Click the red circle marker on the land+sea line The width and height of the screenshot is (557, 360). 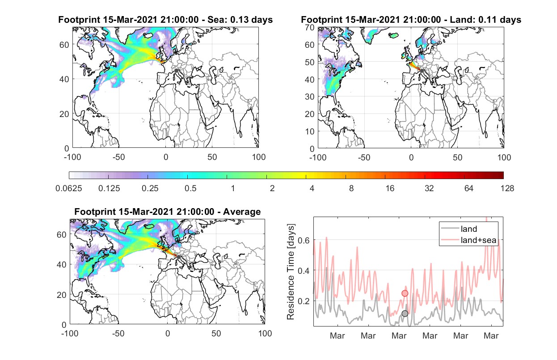tap(405, 293)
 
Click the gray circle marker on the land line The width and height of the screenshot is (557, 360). tap(405, 314)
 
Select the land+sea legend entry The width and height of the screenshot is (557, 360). tap(468, 240)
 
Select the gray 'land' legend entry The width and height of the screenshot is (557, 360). tap(459, 229)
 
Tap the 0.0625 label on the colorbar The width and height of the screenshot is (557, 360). tap(69, 188)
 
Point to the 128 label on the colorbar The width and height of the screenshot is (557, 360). tap(507, 188)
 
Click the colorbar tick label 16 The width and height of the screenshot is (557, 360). tap(390, 188)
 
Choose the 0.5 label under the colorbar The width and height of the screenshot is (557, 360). tap(190, 188)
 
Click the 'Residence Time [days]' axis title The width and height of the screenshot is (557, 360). tap(291, 272)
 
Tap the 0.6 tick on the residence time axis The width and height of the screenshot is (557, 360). tap(304, 240)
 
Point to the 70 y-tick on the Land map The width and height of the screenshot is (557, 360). tap(310, 27)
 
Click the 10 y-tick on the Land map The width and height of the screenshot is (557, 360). tap(310, 131)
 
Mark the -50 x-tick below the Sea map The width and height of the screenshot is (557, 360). tap(118, 157)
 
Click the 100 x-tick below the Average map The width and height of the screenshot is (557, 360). tap(265, 333)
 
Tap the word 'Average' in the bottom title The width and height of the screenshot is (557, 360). tap(242, 212)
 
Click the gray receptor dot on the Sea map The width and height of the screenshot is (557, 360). tap(176, 71)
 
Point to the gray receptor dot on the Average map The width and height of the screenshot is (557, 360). tap(178, 257)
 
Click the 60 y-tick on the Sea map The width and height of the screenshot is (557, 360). tap(64, 45)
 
